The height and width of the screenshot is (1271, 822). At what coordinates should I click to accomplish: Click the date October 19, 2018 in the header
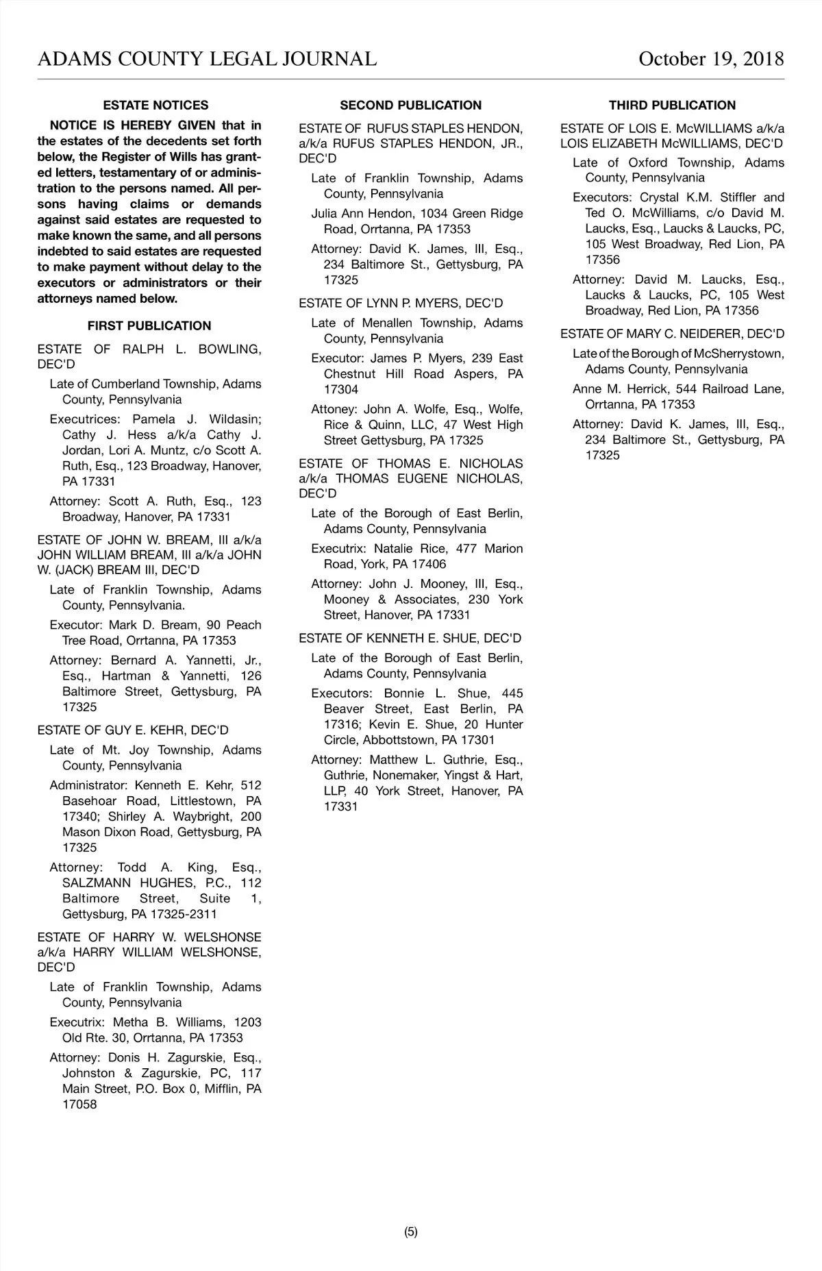point(710,59)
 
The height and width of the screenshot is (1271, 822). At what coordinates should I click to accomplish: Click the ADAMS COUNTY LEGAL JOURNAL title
point(207,59)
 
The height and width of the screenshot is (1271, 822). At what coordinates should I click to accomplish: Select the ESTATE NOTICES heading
point(155,106)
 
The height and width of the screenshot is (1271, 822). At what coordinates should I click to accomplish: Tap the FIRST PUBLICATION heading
point(149,326)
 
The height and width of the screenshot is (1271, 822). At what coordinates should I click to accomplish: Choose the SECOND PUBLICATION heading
point(410,106)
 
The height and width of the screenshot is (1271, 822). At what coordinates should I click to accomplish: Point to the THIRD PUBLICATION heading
point(672,106)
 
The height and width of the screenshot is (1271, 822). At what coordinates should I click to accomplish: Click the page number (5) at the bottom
point(410,1232)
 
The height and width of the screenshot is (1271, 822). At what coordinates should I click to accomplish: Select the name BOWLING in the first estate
point(229,349)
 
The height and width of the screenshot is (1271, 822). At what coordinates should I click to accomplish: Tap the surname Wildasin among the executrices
point(235,419)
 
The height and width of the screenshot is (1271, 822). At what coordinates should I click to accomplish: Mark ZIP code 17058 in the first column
point(79,1105)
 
